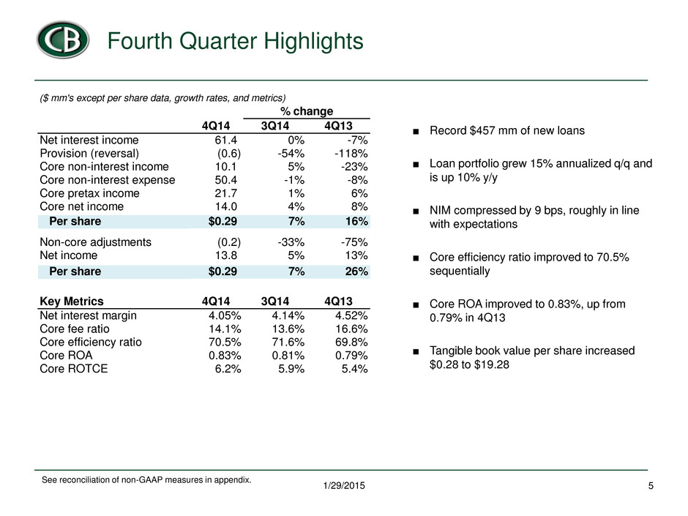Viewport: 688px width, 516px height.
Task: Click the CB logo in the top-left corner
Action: click(x=63, y=40)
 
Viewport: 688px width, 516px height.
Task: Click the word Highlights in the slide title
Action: click(x=313, y=41)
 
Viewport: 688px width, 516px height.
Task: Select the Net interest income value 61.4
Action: click(x=226, y=140)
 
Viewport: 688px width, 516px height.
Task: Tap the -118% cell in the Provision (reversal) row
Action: click(x=351, y=153)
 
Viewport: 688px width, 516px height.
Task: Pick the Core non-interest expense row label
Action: click(x=107, y=180)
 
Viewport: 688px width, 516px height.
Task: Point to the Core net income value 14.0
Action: click(x=226, y=206)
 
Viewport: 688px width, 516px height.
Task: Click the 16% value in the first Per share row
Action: click(x=356, y=221)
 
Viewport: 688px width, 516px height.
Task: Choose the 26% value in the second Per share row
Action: click(x=356, y=271)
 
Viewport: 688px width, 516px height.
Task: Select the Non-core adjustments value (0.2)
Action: click(x=229, y=242)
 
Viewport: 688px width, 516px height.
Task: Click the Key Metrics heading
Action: click(x=72, y=301)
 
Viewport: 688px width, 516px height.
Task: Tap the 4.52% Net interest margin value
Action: click(x=351, y=315)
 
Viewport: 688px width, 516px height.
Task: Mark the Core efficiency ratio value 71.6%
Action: click(x=288, y=342)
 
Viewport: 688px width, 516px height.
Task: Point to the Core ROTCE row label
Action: click(x=74, y=369)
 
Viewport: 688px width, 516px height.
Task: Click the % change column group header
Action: click(x=307, y=111)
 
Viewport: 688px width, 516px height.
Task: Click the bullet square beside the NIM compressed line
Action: click(x=416, y=212)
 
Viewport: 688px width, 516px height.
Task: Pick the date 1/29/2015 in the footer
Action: click(x=344, y=486)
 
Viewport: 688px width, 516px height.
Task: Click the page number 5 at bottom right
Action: click(x=651, y=486)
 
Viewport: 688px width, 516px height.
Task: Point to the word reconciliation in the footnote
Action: click(x=83, y=480)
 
